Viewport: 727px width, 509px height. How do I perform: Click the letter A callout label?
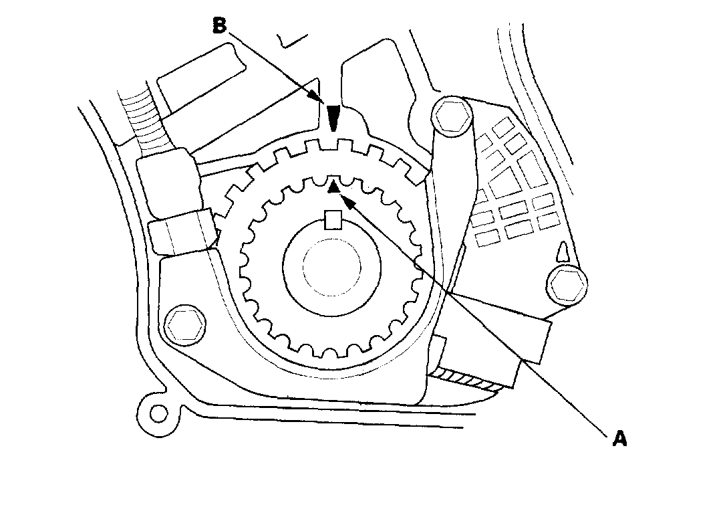620,439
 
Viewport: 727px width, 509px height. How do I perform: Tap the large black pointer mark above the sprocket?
333,118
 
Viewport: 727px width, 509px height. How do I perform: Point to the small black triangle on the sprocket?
332,188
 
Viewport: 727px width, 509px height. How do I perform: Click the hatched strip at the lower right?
468,382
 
